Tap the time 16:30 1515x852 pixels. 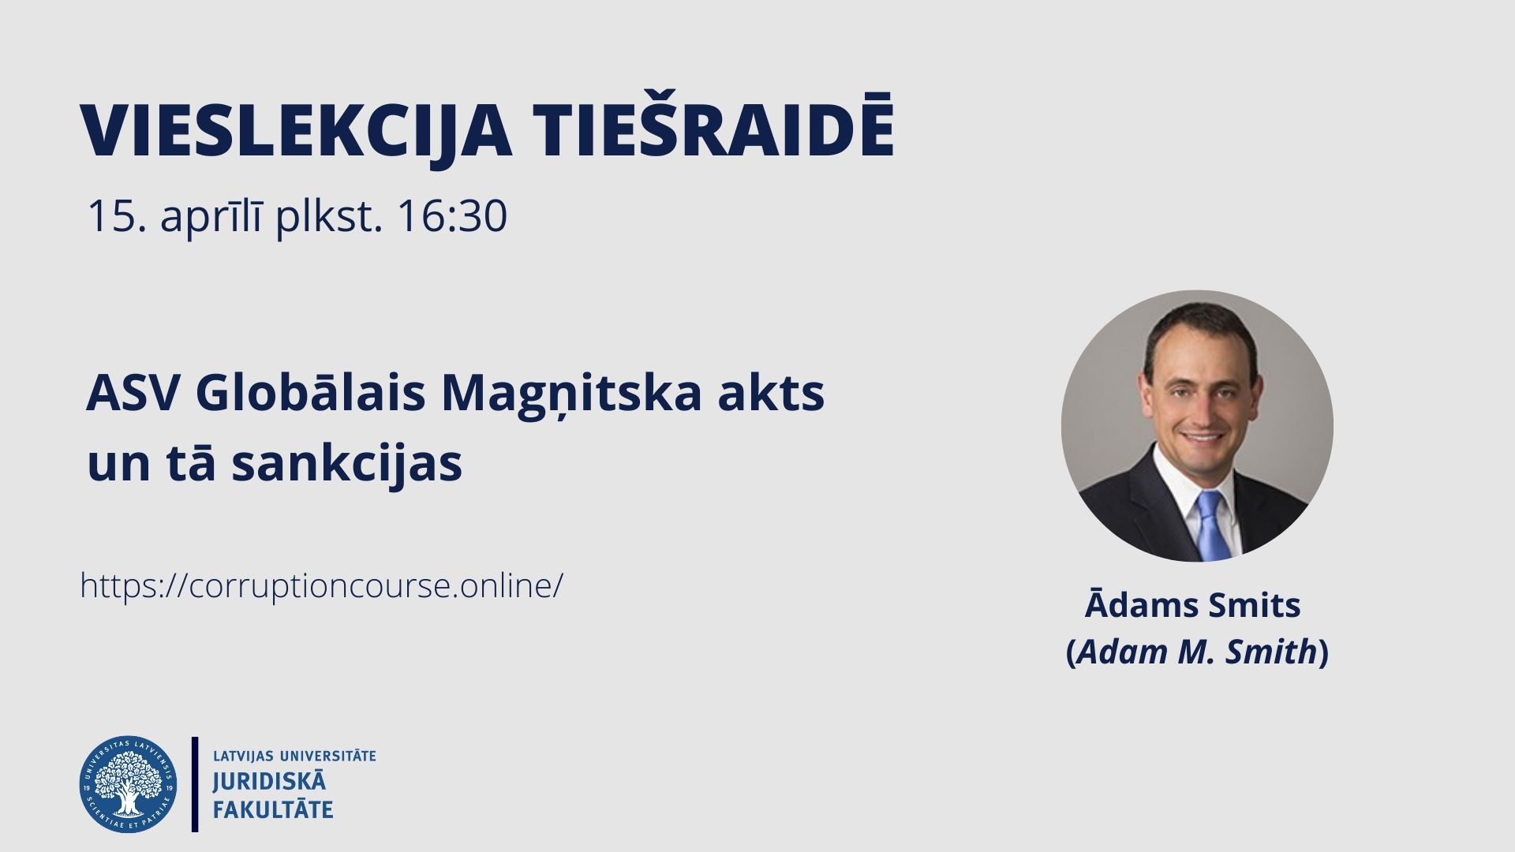coord(452,215)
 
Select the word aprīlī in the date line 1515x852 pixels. coord(211,217)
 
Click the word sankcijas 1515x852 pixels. coord(346,463)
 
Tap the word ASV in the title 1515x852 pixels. coord(133,392)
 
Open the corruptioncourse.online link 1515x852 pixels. coord(322,586)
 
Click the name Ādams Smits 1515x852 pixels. coord(1192,604)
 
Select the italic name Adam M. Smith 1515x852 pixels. coord(1197,652)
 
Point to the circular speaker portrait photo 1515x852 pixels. coord(1197,426)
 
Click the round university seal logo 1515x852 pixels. coord(128,784)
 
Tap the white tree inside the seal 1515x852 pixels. coord(128,783)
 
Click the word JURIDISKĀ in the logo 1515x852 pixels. coord(269,781)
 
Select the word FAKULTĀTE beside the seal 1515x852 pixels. coord(273,809)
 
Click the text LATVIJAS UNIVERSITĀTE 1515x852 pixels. coord(294,756)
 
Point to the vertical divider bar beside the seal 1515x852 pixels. coord(195,784)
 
